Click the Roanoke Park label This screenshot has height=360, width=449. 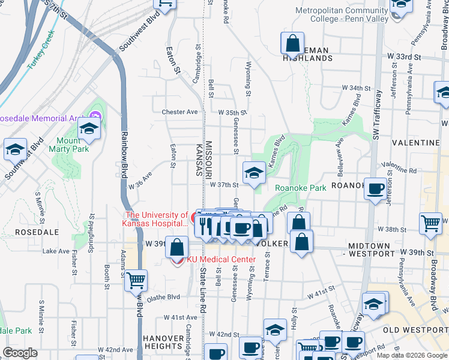click(x=300, y=188)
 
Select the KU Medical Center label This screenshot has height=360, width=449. click(x=221, y=260)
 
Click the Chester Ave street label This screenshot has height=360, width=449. click(x=179, y=112)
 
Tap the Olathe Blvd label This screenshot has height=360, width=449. click(x=164, y=296)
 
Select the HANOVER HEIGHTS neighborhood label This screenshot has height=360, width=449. click(x=163, y=342)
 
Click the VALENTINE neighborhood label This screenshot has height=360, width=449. click(x=415, y=143)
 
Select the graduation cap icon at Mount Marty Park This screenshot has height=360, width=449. click(x=89, y=128)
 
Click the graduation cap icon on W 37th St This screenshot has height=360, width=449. click(x=254, y=172)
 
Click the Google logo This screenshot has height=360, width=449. click(x=20, y=353)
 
